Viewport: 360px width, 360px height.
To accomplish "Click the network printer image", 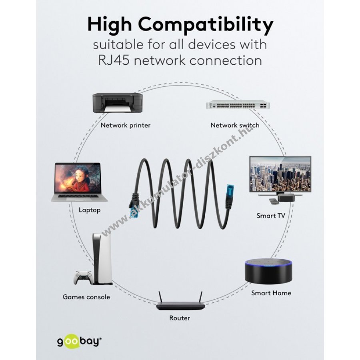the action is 117,103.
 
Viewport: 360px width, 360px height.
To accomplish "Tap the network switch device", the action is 238,105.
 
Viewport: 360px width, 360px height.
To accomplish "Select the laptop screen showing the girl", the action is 78,178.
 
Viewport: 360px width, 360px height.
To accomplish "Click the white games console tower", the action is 102,258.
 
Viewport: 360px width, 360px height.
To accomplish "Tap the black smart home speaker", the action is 268,271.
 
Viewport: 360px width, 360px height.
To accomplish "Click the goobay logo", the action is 80,342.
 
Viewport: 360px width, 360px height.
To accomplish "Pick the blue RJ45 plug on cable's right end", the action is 230,190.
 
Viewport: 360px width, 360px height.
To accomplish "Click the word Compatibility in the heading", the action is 206,24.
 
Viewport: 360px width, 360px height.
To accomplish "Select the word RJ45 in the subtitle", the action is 114,61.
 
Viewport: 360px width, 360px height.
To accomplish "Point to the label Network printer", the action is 126,125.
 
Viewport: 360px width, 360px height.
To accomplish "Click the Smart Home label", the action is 271,293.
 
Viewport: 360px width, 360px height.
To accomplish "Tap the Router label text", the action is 180,318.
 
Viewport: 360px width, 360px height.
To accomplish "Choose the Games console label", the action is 86,297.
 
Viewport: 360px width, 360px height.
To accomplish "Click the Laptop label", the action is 90,210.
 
